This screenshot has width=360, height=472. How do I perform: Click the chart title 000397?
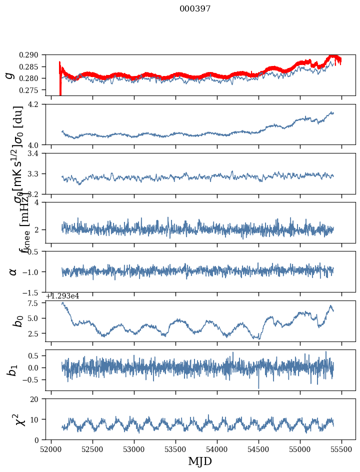195,9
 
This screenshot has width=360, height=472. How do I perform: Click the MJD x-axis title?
200,461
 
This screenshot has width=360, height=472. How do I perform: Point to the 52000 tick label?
51,449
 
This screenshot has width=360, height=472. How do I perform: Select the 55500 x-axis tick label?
342,449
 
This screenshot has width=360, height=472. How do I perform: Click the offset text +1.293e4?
62,296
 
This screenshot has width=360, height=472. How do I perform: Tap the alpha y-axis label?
12,271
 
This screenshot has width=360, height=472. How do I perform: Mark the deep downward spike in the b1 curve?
258,387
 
